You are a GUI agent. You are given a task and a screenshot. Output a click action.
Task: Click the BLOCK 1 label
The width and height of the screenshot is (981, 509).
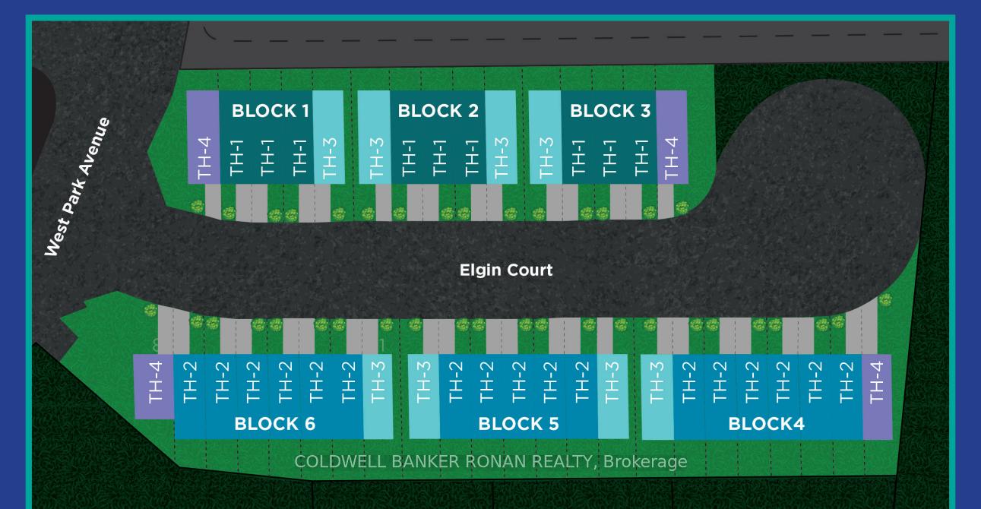coord(271,111)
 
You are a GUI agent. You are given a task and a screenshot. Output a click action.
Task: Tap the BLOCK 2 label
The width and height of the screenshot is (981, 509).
coord(438,111)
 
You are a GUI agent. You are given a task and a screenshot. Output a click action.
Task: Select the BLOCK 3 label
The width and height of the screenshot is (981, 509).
coord(610,111)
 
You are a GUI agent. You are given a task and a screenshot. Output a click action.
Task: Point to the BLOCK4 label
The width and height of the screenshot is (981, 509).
coord(766,424)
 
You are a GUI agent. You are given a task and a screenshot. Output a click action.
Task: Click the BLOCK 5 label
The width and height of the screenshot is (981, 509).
coord(518,424)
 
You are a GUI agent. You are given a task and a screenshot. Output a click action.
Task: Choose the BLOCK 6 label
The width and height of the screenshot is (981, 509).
coord(274,424)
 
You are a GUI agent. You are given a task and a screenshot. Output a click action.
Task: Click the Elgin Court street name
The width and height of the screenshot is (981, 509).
coord(506,270)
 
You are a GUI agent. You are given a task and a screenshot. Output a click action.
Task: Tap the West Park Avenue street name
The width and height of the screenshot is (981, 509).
coord(77,187)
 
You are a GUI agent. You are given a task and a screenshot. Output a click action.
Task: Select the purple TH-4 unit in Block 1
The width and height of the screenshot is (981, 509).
coord(204,137)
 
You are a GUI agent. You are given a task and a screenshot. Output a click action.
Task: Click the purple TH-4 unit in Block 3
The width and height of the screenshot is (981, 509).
coord(672,137)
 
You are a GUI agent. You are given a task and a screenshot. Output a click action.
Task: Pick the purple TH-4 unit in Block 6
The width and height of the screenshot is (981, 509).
coord(154,387)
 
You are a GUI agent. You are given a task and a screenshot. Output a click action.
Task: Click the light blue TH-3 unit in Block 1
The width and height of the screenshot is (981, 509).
coord(329,137)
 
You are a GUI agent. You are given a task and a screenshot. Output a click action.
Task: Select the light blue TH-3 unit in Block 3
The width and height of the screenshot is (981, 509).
coord(546,137)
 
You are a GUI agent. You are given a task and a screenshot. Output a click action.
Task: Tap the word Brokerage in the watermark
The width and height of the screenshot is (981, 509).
coord(645,462)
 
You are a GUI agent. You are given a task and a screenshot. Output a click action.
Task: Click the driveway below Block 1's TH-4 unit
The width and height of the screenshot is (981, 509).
coord(213,201)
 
